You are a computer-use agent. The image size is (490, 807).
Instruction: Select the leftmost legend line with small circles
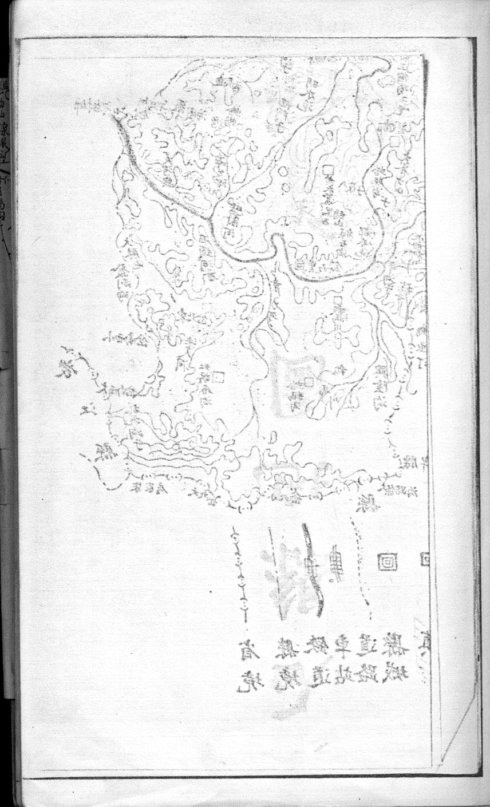[x=240, y=567]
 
